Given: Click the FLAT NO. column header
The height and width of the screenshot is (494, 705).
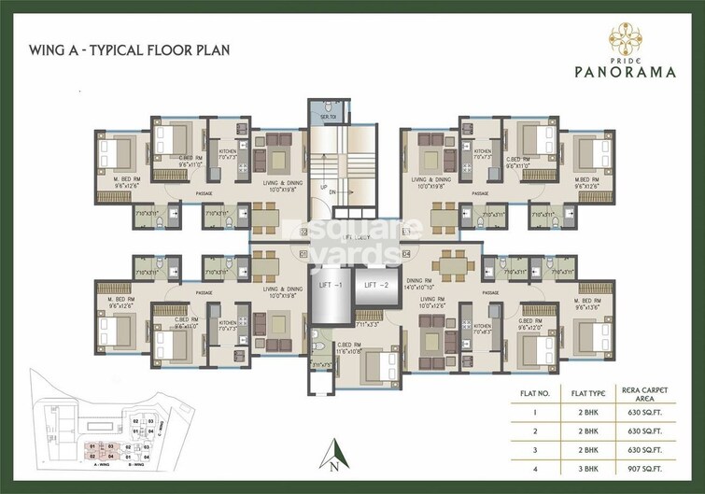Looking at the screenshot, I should pyautogui.click(x=533, y=393).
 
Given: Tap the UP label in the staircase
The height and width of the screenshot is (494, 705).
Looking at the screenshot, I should pyautogui.click(x=323, y=188).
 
